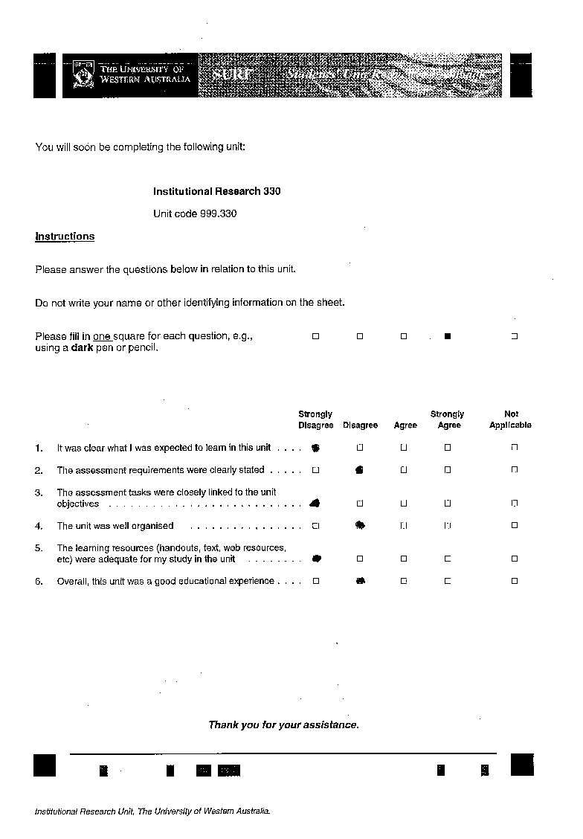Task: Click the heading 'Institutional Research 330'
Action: [216, 191]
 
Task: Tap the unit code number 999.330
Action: [218, 213]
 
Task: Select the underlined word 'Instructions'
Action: [65, 237]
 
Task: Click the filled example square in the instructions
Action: [448, 336]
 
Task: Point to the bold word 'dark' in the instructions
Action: [82, 347]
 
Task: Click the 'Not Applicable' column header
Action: [511, 419]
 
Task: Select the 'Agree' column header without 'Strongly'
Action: [405, 425]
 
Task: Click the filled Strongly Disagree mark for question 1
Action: [315, 448]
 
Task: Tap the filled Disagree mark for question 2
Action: [359, 470]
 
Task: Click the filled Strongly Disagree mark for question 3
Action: [315, 503]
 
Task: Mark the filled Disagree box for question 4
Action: [360, 525]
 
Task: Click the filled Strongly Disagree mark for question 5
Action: [316, 559]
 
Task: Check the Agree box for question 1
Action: [404, 448]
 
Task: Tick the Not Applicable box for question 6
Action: [514, 581]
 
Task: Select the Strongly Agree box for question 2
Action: [448, 470]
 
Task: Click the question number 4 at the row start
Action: [39, 526]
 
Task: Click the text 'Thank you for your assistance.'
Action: [283, 724]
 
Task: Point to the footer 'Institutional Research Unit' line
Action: [152, 811]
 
